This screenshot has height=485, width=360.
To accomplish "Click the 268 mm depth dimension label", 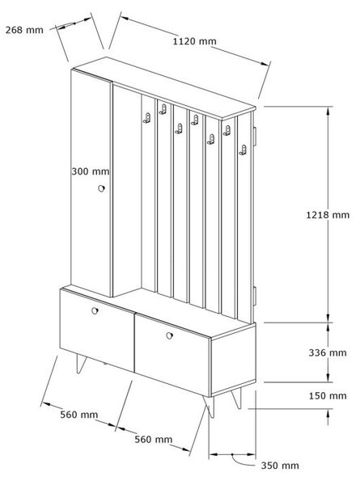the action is click(x=24, y=30).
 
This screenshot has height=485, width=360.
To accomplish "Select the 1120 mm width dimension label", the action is click(x=194, y=41).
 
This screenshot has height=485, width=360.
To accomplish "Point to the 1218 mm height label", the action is click(x=328, y=215).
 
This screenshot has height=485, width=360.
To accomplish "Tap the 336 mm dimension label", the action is click(x=328, y=352).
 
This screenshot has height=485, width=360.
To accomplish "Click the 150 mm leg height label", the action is click(x=328, y=395).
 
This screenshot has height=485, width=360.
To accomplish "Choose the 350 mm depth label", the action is click(x=280, y=466).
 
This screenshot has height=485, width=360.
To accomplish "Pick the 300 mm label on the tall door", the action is click(x=91, y=171).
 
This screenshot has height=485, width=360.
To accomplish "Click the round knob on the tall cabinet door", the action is click(x=101, y=188).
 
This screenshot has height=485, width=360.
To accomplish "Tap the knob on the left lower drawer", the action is click(x=95, y=311).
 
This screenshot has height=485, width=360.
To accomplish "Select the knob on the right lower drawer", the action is click(x=169, y=335).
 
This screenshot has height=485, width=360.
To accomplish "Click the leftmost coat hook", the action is click(x=147, y=118).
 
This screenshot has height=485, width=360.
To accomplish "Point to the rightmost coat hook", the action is click(x=243, y=150).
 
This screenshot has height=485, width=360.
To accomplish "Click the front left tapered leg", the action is click(x=81, y=364).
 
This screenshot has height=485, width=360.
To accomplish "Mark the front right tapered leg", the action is click(x=209, y=406).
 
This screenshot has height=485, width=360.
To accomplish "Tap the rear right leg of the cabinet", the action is click(x=236, y=399).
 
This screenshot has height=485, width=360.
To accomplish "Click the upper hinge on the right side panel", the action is click(x=255, y=136).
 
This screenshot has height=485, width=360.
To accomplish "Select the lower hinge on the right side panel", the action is click(x=255, y=296).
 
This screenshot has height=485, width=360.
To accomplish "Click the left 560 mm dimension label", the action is click(x=79, y=415).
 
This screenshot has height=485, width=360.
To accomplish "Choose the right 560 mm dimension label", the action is click(x=154, y=439).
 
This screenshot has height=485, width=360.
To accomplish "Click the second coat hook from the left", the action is click(x=163, y=109).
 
